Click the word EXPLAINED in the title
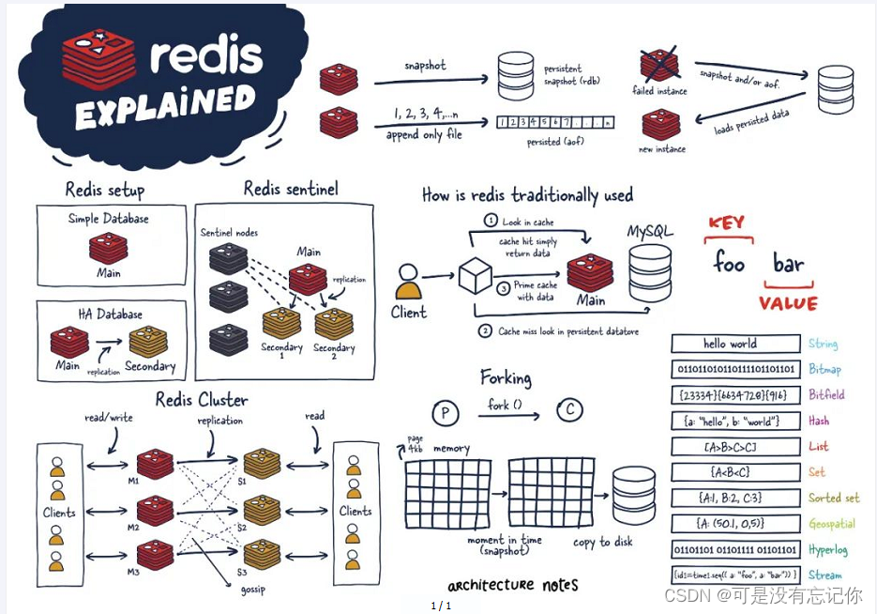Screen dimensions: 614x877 click(165, 105)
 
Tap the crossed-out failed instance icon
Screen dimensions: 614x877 click(659, 66)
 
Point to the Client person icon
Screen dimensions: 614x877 click(408, 282)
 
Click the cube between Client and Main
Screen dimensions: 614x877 click(475, 276)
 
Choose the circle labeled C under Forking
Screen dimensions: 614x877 click(569, 410)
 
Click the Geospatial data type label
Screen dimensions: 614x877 click(832, 524)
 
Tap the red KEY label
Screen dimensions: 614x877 click(726, 223)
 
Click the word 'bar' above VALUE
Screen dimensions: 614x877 click(789, 264)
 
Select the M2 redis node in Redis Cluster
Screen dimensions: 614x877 click(155, 510)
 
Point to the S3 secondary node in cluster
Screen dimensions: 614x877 click(262, 554)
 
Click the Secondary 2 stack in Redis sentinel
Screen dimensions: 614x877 click(334, 324)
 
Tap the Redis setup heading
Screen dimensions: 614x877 click(105, 191)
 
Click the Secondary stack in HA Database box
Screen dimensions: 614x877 click(148, 342)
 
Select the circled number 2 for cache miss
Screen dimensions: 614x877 click(485, 330)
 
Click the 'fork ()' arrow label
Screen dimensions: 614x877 click(506, 405)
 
